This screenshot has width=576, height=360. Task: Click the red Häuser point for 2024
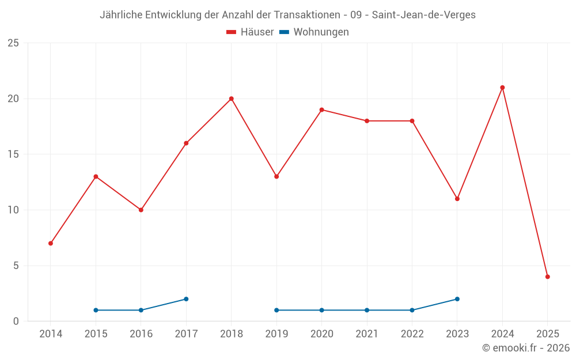tap(502, 88)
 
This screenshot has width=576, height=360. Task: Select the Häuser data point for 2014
tap(51, 243)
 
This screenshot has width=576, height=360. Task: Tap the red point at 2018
tap(232, 98)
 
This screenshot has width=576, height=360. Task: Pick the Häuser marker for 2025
tap(547, 276)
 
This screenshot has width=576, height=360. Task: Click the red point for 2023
tap(457, 199)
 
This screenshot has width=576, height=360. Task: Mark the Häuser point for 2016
tap(141, 210)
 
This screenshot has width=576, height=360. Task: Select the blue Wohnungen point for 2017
tap(186, 299)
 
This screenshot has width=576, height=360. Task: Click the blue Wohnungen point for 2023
tap(457, 299)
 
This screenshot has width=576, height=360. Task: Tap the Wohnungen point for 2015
tap(96, 310)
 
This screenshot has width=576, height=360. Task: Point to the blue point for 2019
tap(276, 310)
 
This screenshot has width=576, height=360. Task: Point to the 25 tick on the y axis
tap(13, 43)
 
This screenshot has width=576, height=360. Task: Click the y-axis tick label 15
tap(13, 154)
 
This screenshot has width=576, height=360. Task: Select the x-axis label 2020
tap(321, 334)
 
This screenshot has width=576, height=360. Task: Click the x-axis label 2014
tap(51, 334)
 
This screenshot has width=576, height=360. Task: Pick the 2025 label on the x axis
tap(547, 334)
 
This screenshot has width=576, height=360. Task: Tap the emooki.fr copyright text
tap(525, 348)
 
